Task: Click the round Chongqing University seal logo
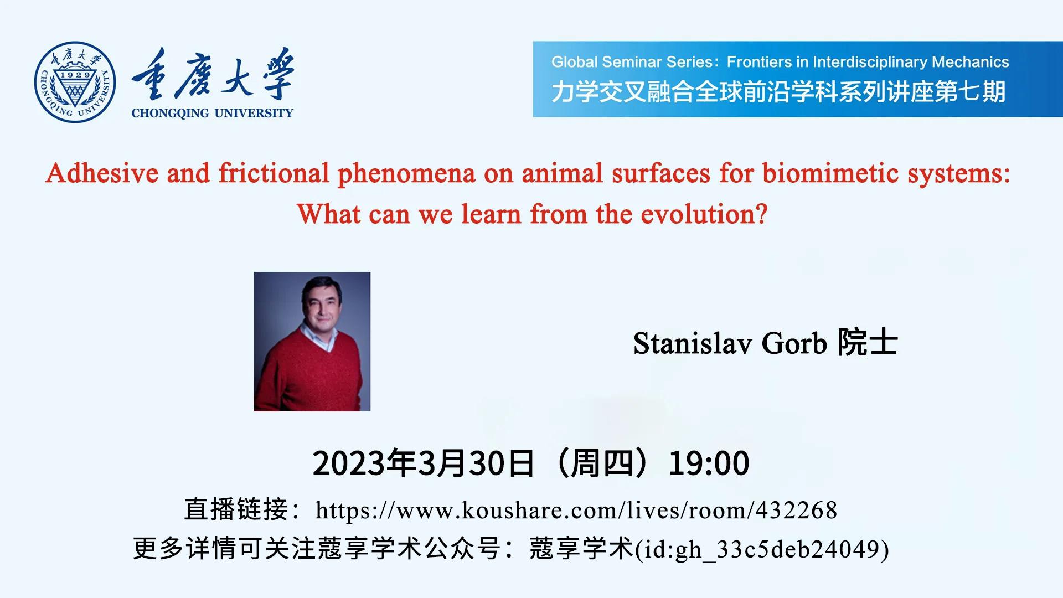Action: pyautogui.click(x=75, y=82)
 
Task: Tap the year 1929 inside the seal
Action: pyautogui.click(x=75, y=75)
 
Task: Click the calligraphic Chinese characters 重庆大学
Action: pyautogui.click(x=213, y=75)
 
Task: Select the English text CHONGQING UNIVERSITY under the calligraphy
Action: pyautogui.click(x=212, y=113)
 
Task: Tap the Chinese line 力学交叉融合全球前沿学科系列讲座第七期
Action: pyautogui.click(x=778, y=92)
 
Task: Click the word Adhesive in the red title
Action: pyautogui.click(x=102, y=173)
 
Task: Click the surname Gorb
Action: pyautogui.click(x=794, y=343)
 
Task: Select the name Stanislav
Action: pyautogui.click(x=692, y=343)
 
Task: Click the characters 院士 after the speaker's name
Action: pyautogui.click(x=867, y=342)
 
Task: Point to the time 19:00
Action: pyautogui.click(x=709, y=463)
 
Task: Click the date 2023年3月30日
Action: pyautogui.click(x=424, y=463)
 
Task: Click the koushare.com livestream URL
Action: pyautogui.click(x=576, y=510)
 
